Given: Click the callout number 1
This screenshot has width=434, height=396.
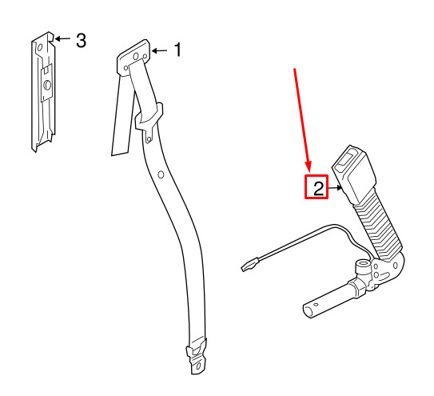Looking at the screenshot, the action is pos(177,50).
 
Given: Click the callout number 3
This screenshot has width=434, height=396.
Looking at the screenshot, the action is pos(81,41).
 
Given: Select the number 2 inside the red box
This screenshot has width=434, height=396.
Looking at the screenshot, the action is pos(319,189).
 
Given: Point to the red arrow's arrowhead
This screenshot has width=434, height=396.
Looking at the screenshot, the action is pos(309,167).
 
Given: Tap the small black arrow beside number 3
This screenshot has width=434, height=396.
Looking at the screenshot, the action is pos(62,38).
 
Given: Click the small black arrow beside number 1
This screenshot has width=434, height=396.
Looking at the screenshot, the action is pos(159,50).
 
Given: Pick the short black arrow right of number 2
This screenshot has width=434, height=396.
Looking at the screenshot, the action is pos(335,188).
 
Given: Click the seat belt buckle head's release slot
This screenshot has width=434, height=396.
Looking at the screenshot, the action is pos(346,158).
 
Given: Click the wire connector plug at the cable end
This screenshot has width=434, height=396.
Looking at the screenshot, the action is pos(250,264).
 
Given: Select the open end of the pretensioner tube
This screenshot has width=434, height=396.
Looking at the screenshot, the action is pos(310,310).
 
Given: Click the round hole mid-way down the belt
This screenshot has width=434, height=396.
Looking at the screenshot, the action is pos(161,174).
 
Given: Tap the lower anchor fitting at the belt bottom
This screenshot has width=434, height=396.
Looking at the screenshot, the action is pos(197,357).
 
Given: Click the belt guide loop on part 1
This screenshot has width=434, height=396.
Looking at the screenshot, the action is pos(149,120).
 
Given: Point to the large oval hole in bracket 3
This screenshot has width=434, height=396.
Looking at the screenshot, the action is pos(47,85).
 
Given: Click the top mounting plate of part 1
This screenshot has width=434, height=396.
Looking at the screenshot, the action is pos(133,58).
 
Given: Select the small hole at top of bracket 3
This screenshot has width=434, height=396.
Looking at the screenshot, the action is pos(40,48).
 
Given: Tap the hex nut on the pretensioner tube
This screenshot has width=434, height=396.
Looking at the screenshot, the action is pos(356,289).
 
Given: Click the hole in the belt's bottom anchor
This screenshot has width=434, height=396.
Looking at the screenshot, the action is pos(198,366).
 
